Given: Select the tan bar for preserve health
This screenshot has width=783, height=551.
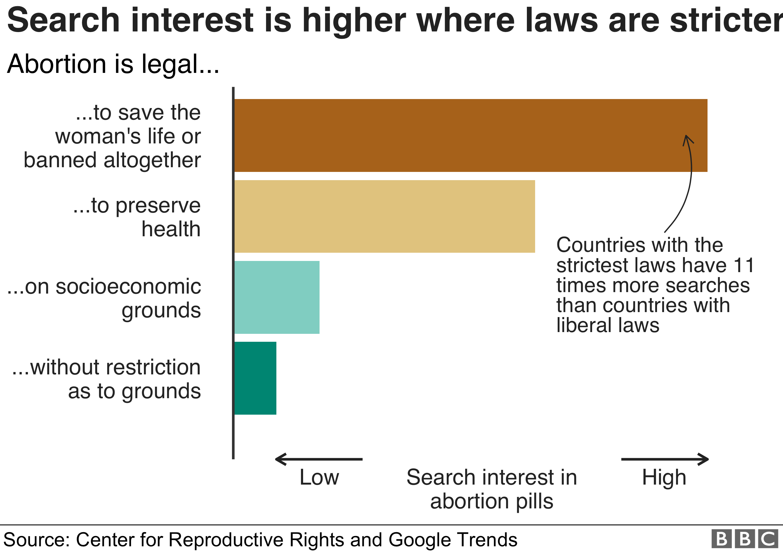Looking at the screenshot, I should pos(384,216).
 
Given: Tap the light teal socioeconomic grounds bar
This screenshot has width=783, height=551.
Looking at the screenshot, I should pos(277,297).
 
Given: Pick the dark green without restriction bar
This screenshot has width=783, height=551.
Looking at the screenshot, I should pos(256,378).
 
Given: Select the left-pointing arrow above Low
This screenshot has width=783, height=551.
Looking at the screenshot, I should pos(319,459).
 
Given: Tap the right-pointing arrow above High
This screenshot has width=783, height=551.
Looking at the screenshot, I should pos(665,459).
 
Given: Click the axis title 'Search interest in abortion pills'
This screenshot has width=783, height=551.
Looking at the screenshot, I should pos(491,489).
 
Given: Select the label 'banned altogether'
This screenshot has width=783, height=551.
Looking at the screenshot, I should pos(112,160).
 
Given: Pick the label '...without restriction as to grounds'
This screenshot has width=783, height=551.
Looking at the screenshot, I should pos(106,379).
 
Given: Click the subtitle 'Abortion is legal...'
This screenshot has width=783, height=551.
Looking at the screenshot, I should pos(113,64).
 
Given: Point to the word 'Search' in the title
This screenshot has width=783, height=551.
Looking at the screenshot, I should pos(63,21).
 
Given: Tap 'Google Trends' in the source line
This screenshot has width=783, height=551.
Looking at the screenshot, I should pos(453,540).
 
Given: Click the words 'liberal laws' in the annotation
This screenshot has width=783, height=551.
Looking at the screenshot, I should pos(608,325).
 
